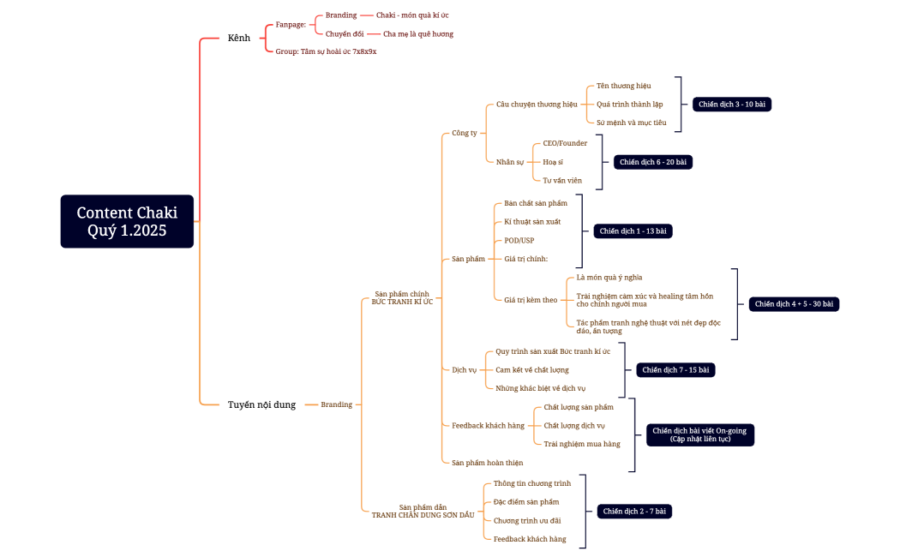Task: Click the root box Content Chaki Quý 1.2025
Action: [x=127, y=221]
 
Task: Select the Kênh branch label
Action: [x=239, y=38]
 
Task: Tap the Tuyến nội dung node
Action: [x=261, y=404]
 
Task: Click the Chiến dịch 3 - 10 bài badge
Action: [x=732, y=105]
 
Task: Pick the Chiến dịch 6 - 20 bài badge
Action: [x=653, y=162]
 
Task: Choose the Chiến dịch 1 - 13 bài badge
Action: [x=633, y=231]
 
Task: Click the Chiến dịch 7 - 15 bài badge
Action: [x=675, y=370]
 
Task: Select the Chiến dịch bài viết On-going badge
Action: [x=699, y=434]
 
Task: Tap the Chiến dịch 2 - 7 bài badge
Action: [x=634, y=512]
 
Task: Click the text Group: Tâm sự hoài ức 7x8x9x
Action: [x=326, y=51]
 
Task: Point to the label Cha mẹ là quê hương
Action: [x=418, y=34]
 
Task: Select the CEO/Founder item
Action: [x=565, y=143]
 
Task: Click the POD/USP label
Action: [x=519, y=240]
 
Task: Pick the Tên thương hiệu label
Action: [x=624, y=86]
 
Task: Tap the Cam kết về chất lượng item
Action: [x=532, y=370]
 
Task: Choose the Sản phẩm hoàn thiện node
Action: [x=487, y=463]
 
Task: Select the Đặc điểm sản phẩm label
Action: [x=526, y=501]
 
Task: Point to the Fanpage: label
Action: [x=291, y=25]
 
